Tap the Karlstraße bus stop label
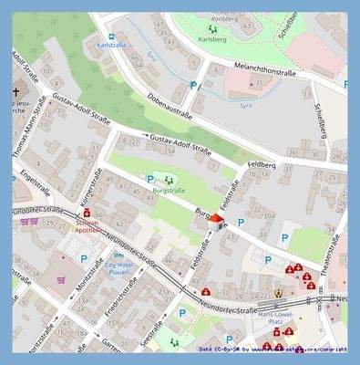110,44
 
